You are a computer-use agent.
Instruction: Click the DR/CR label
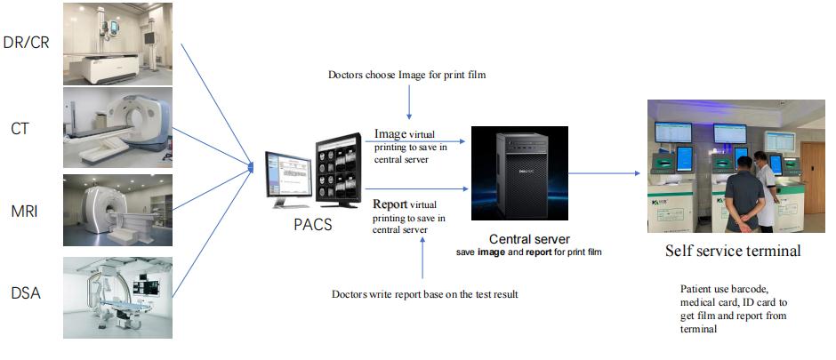click(28, 42)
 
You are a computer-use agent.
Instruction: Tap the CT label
click(20, 129)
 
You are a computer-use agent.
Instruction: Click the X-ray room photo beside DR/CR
click(117, 43)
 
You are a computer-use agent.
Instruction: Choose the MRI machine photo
click(117, 210)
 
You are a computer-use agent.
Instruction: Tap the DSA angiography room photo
click(117, 297)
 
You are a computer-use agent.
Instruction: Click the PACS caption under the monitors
click(312, 225)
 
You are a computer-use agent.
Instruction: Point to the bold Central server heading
click(530, 239)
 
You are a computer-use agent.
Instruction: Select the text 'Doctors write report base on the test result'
click(424, 293)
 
